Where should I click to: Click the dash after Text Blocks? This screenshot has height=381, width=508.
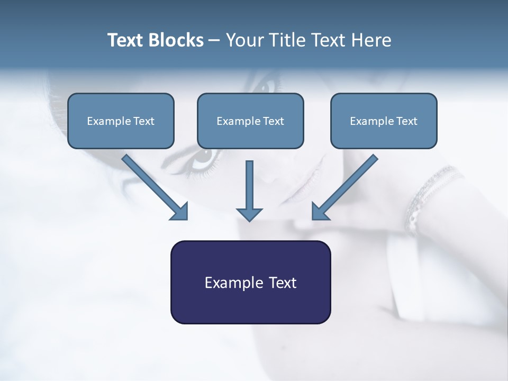coord(214,41)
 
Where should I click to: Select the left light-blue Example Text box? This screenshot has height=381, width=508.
coord(121,121)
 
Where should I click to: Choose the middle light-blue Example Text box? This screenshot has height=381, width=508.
coord(250,121)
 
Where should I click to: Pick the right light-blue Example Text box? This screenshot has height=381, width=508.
coord(384,121)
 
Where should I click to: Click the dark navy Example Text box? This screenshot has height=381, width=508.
coord(250,282)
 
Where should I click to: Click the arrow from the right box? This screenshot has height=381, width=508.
coord(347,185)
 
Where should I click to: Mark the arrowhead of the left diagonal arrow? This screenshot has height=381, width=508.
coord(180,212)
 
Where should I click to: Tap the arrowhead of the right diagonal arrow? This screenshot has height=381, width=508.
coord(320,211)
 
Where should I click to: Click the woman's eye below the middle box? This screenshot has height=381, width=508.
coord(204,157)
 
